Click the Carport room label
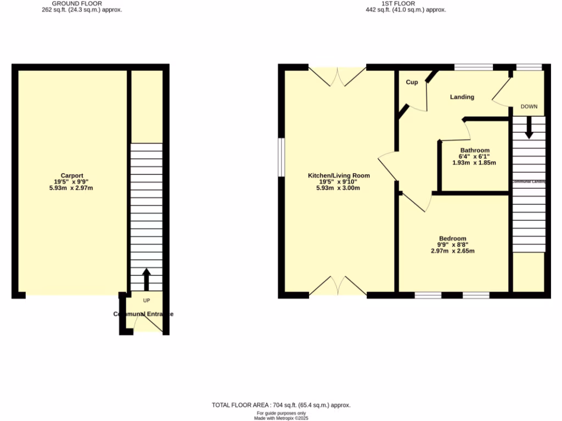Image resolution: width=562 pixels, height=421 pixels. (71, 175)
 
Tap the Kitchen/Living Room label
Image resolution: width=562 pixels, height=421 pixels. (339, 175)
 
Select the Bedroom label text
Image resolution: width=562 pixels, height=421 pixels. (452, 238)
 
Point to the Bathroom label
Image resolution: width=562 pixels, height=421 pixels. (475, 150)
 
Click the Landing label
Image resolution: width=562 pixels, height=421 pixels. (462, 97)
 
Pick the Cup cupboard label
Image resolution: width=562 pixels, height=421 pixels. (412, 82)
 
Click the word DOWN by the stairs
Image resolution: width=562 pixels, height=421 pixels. (529, 106)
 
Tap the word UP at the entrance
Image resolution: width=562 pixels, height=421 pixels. (147, 300)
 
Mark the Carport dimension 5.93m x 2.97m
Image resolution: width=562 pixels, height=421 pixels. (71, 188)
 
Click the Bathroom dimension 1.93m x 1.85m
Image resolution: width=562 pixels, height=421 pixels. (474, 163)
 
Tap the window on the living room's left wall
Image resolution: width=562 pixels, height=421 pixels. (280, 158)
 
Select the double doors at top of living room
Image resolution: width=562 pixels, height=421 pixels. (337, 76)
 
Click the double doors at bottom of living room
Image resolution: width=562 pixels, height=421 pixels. (337, 287)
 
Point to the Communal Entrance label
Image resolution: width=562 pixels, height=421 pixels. (143, 314)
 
